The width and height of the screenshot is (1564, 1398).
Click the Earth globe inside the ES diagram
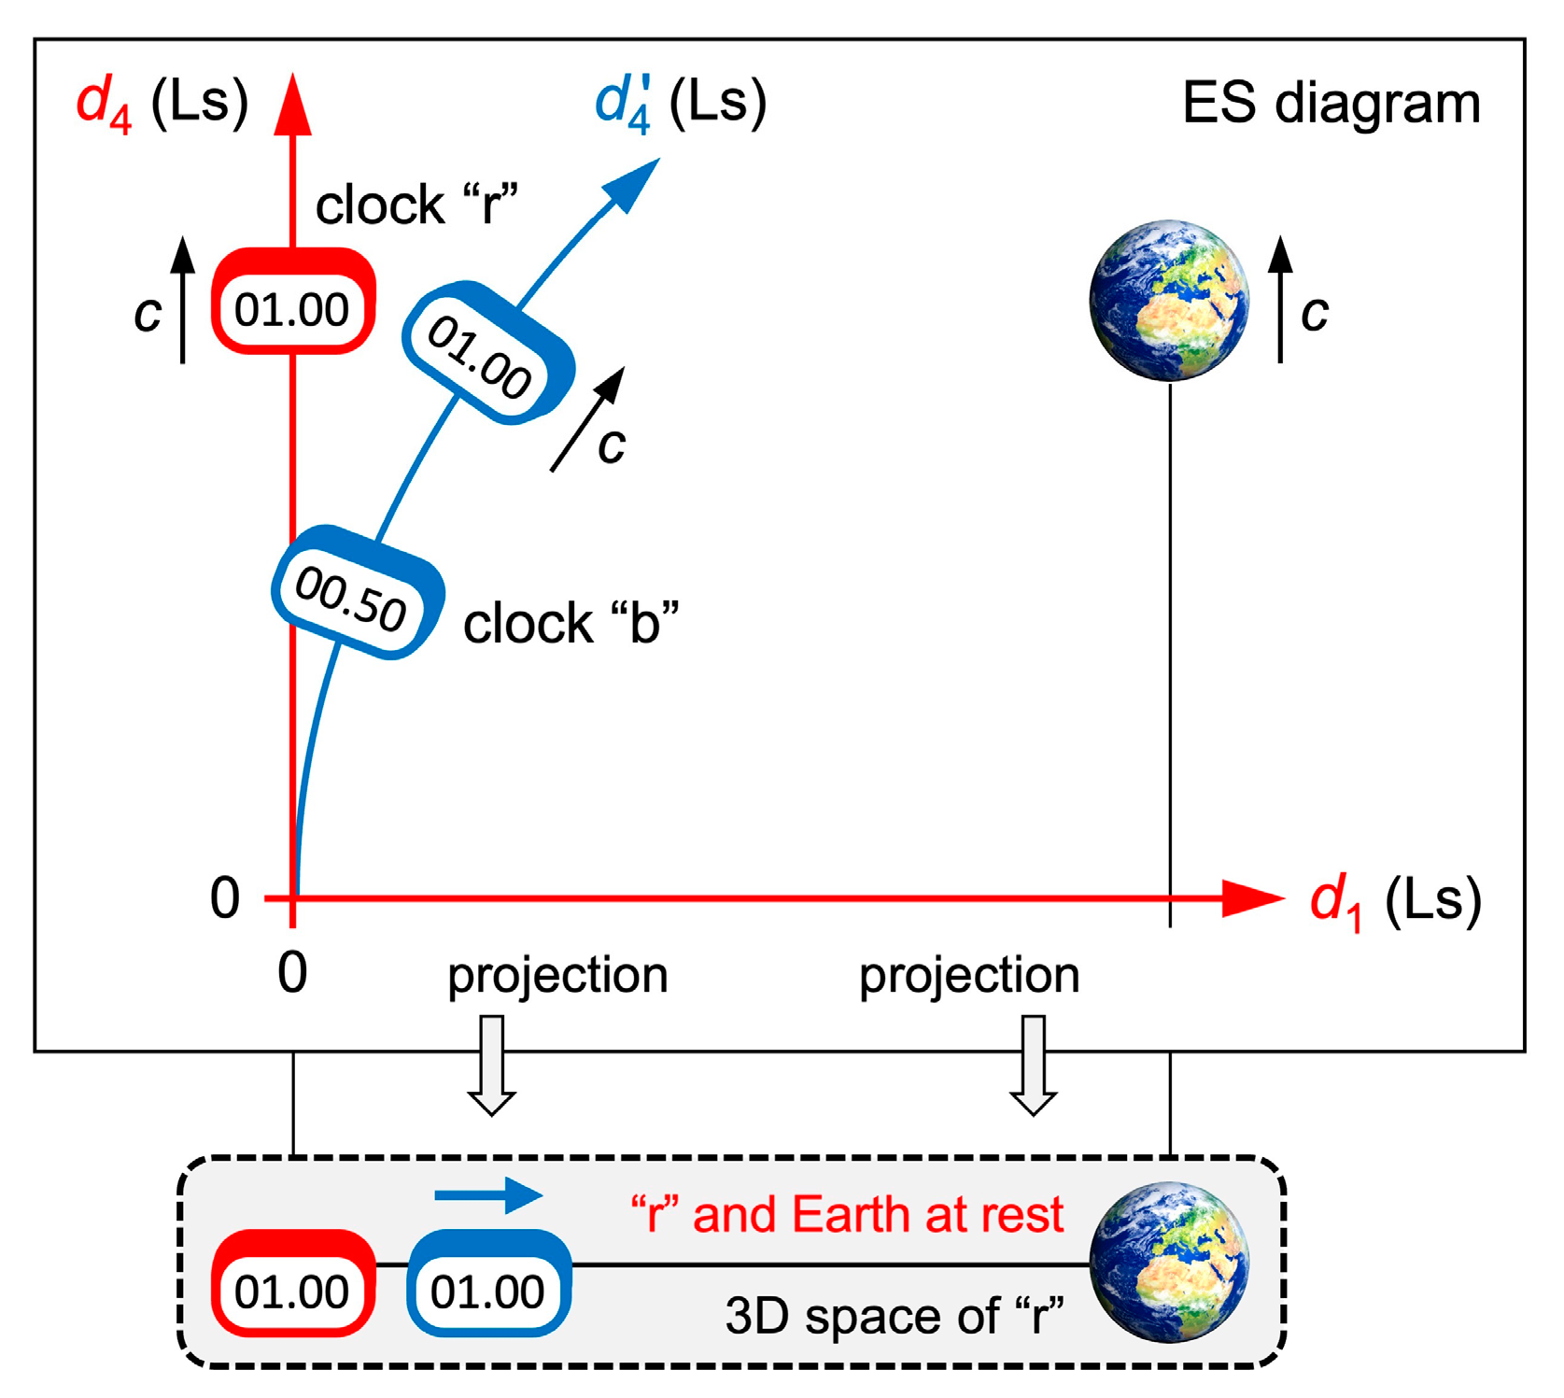tap(1169, 301)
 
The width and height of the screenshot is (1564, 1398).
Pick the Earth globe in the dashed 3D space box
tap(1169, 1263)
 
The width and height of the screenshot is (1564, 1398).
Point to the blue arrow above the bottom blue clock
tap(488, 1194)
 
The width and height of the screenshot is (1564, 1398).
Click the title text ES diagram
tap(1331, 103)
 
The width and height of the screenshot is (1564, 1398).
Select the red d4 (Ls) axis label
tap(162, 103)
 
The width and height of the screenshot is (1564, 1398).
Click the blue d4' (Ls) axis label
tap(681, 103)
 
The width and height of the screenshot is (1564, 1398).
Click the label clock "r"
tap(416, 205)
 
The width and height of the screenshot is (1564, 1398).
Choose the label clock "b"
tap(571, 624)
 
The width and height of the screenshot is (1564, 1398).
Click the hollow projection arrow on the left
tap(491, 1065)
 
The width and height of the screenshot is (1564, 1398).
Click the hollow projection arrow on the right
tap(1033, 1065)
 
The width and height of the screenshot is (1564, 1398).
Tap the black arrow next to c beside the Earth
tap(1280, 299)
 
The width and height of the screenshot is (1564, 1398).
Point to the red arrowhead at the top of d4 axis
tap(293, 105)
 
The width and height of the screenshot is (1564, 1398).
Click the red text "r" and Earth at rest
tap(847, 1215)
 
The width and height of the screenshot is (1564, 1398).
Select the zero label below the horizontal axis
tap(292, 973)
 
